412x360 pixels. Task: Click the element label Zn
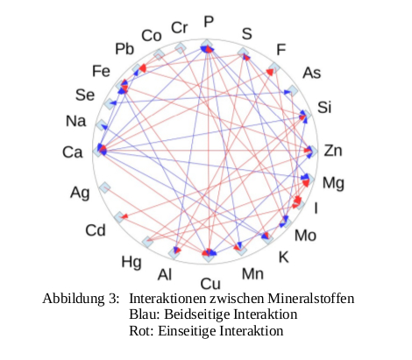[333, 151]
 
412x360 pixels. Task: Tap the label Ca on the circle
[73, 152]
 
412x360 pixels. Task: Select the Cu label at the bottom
[210, 284]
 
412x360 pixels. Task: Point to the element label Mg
[333, 184]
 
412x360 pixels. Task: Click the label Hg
[131, 262]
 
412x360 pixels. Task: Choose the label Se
[85, 95]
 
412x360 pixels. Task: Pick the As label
[312, 73]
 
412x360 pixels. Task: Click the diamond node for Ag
[104, 187]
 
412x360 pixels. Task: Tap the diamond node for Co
[159, 54]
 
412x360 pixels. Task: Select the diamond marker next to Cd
[119, 217]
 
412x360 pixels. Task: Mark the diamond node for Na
[102, 125]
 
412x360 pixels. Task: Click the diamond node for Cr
[180, 48]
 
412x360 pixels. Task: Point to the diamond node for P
[207, 46]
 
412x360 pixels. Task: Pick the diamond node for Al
[174, 253]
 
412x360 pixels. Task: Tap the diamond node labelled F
[274, 68]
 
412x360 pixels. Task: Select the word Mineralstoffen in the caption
[311, 299]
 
